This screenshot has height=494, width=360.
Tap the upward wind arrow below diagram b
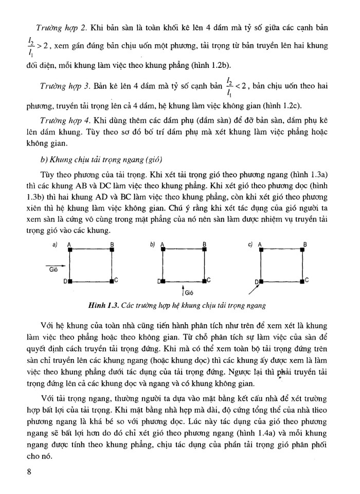click(183, 291)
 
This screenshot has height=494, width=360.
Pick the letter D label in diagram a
click(65, 282)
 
